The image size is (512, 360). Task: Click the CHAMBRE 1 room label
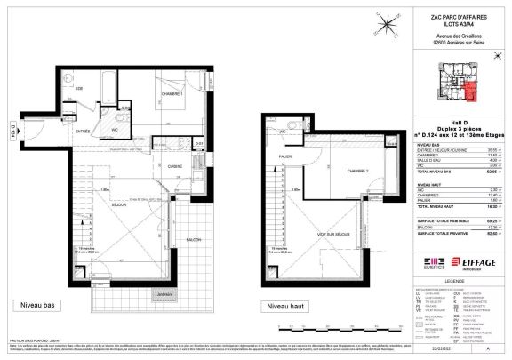[171, 94]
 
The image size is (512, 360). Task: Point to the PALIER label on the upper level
[284, 161]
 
